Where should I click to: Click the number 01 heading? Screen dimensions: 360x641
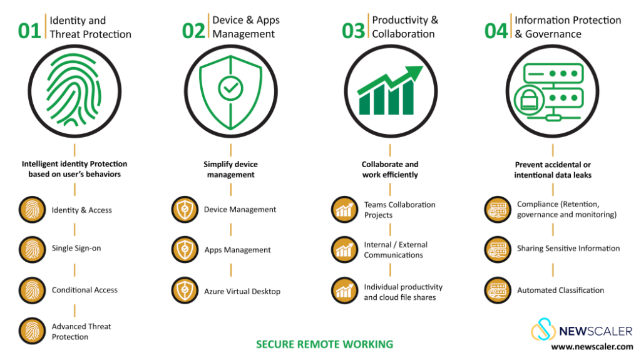click(29, 31)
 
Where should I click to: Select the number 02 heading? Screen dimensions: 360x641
click(193, 31)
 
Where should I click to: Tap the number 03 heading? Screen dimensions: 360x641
click(353, 31)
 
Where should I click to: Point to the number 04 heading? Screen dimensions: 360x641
click(496, 31)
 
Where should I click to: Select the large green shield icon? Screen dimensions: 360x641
click(230, 91)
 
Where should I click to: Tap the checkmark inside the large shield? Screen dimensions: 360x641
click(230, 89)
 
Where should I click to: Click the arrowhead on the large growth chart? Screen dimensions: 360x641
click(414, 72)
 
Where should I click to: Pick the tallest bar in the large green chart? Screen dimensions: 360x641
click(408, 98)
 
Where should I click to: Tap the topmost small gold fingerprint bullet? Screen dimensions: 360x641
click(32, 210)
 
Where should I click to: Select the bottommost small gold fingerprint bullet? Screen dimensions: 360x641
click(32, 331)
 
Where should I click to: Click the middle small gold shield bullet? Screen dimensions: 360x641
click(185, 250)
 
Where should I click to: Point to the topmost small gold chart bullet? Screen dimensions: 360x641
click(344, 210)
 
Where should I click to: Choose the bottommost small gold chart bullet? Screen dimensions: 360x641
click(344, 291)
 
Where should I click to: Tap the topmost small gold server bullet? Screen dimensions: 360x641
click(498, 210)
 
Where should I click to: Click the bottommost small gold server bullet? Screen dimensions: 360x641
click(498, 291)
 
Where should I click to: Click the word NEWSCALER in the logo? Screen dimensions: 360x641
click(595, 331)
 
